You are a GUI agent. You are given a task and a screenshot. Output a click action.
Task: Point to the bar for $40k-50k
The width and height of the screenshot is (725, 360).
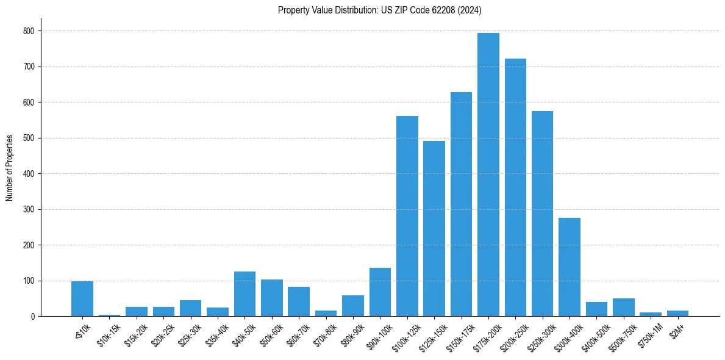click(x=245, y=294)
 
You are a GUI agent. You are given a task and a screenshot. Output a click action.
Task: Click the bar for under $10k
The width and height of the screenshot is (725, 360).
click(x=82, y=299)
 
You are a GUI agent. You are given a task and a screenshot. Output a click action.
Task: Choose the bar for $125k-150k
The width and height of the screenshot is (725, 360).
click(x=434, y=229)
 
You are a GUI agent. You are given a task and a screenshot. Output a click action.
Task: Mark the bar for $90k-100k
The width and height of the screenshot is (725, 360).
click(x=380, y=292)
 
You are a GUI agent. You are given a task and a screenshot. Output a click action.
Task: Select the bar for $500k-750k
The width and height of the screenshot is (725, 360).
click(x=624, y=308)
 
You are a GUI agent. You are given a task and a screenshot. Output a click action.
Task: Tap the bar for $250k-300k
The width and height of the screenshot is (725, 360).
click(x=542, y=214)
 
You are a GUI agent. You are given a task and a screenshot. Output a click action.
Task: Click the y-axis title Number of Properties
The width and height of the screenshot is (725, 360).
click(x=10, y=168)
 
